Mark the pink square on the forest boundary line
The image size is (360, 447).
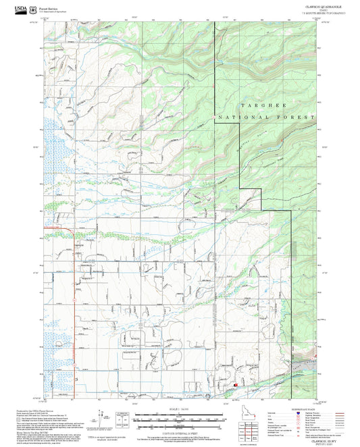[x=214, y=117]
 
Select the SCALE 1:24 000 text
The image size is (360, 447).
[x=180, y=409]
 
